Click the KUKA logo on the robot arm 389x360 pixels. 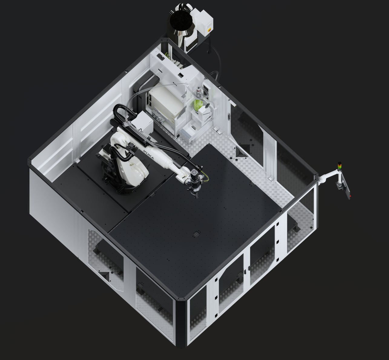pos(149,154)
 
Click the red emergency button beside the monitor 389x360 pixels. pos(351,196)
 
